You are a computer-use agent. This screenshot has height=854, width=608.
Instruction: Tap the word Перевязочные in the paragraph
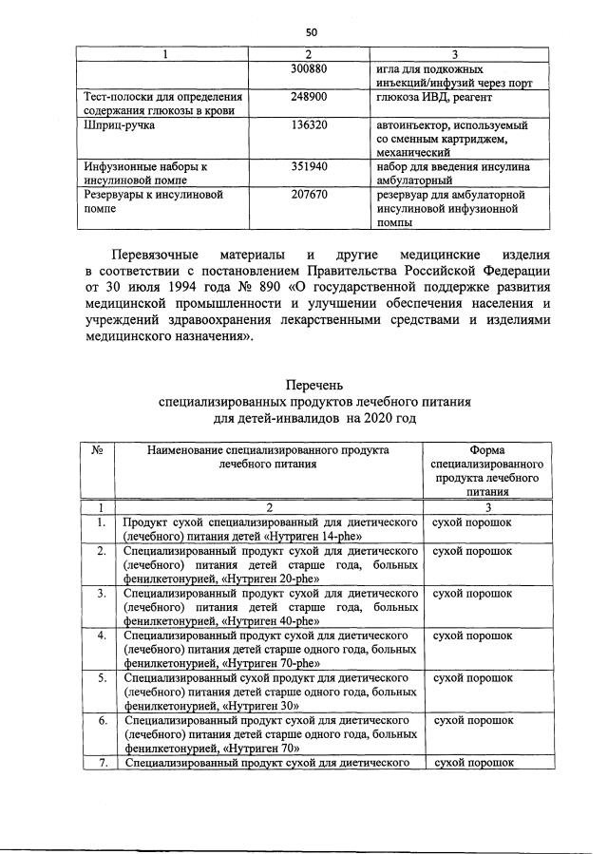coord(155,256)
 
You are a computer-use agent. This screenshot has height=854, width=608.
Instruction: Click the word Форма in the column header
coord(486,450)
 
